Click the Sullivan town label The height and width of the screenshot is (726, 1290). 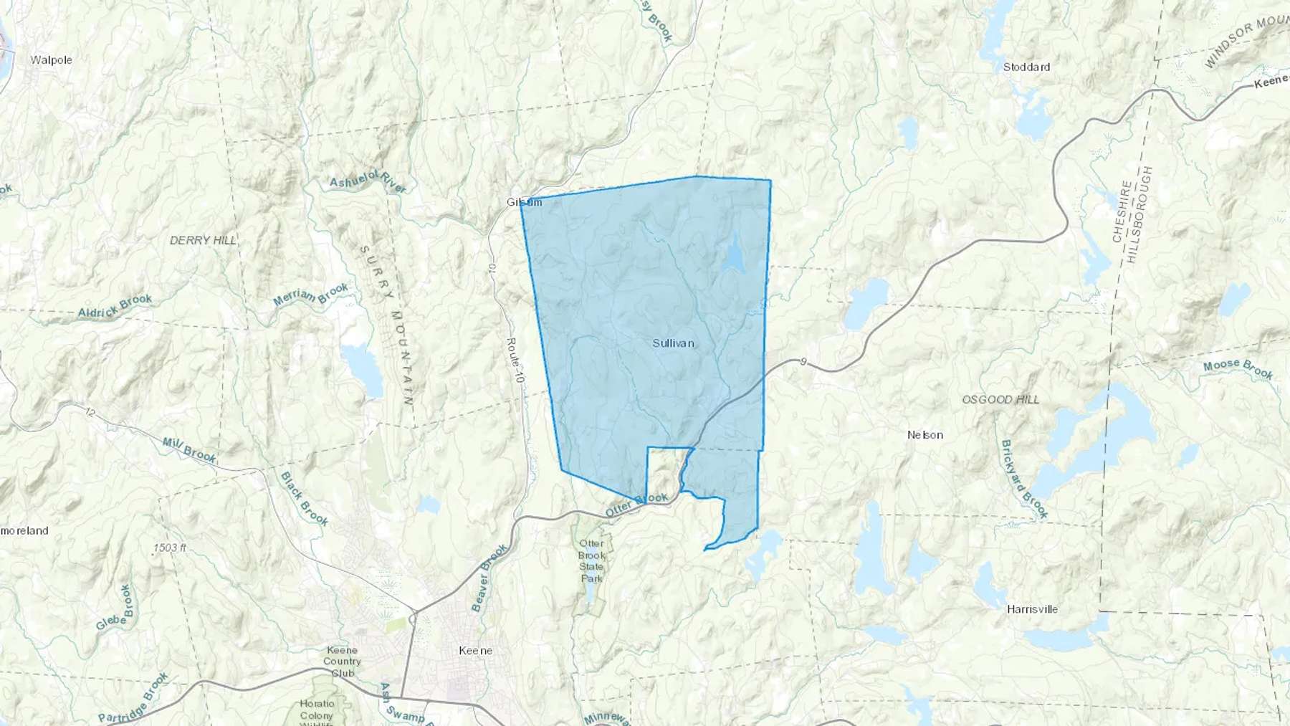coord(673,343)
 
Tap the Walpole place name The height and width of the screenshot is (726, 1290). coord(51,60)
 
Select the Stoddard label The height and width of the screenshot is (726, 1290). coord(1026,67)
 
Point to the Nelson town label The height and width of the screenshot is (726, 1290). coord(924,435)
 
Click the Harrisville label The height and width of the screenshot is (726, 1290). coord(1032,609)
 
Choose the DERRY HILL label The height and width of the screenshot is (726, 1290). coord(203,240)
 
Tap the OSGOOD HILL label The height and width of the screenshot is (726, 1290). coord(1000,399)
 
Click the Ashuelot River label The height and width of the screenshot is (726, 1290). coord(368,181)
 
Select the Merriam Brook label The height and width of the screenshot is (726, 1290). coord(311,295)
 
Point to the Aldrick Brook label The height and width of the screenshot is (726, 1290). coord(115,306)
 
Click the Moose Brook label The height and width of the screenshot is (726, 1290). coord(1238,368)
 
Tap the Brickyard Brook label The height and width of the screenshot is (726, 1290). coord(1024,479)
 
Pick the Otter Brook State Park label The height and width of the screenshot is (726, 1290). coord(591,560)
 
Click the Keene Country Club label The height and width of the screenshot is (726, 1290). coord(342,661)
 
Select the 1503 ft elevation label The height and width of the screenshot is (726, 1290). coord(170,548)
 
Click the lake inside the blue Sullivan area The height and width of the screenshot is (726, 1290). coord(733,254)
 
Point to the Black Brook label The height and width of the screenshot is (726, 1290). coord(304,499)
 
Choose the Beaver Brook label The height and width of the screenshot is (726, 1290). coord(489,578)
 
